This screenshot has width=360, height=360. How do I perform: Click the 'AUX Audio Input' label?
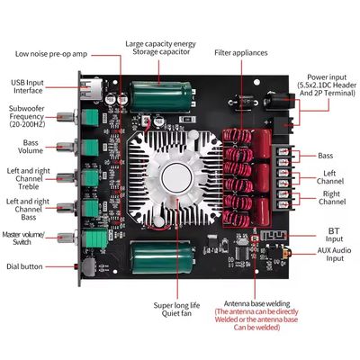click(334, 254)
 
